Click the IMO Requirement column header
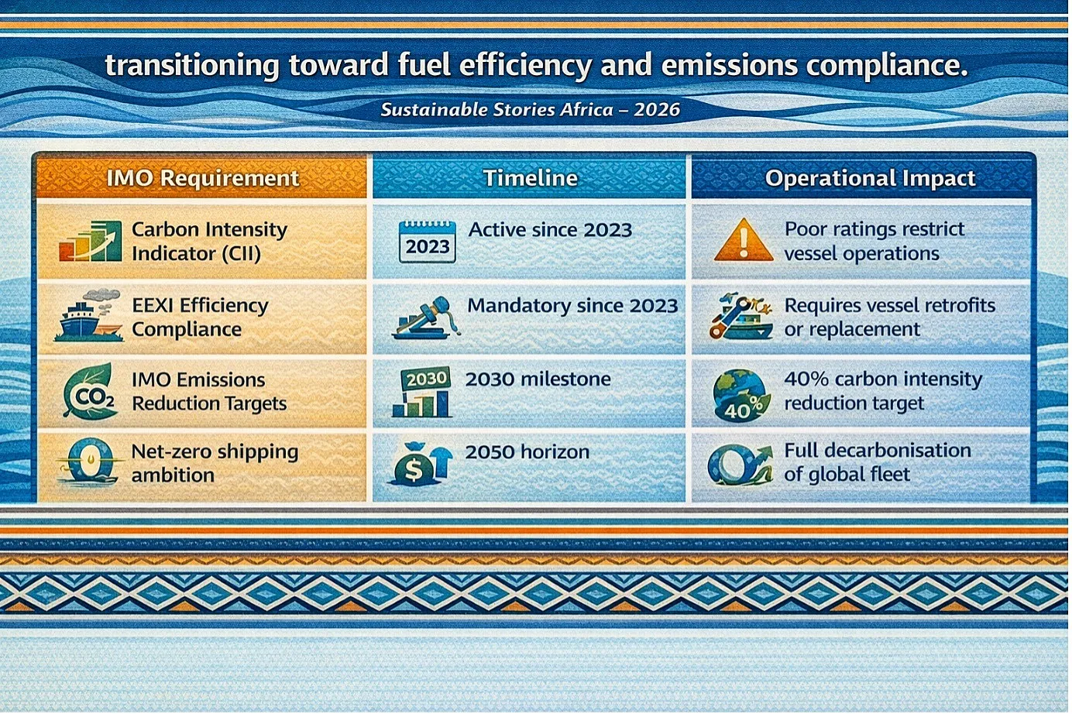pyautogui.click(x=202, y=178)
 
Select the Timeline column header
pyautogui.click(x=531, y=178)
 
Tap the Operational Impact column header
pyautogui.click(x=870, y=178)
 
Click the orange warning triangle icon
pyautogui.click(x=744, y=240)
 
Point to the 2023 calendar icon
pyautogui.click(x=427, y=242)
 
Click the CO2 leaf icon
pyautogui.click(x=90, y=392)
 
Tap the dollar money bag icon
pyautogui.click(x=419, y=464)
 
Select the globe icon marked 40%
pyautogui.click(x=740, y=395)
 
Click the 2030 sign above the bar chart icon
pyautogui.click(x=425, y=379)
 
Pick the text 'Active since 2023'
pyautogui.click(x=551, y=230)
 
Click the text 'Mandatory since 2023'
pyautogui.click(x=572, y=306)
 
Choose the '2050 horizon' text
pyautogui.click(x=527, y=451)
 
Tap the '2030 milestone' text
pyautogui.click(x=538, y=379)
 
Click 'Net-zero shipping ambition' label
pyautogui.click(x=215, y=463)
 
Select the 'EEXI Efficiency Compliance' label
pyautogui.click(x=200, y=318)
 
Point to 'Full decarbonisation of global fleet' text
pyautogui.click(x=878, y=462)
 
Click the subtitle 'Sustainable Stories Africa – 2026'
pyautogui.click(x=531, y=110)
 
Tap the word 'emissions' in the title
pyautogui.click(x=730, y=65)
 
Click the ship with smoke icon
pyautogui.click(x=89, y=316)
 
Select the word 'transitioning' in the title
pyautogui.click(x=192, y=66)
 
